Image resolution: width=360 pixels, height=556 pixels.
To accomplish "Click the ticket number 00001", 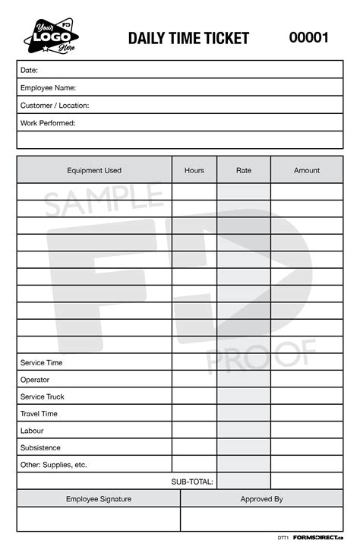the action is pyautogui.click(x=308, y=38).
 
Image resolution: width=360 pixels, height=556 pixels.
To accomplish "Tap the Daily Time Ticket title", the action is pyautogui.click(x=188, y=39).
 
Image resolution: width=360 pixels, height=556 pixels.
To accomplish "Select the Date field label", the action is pyautogui.click(x=30, y=70).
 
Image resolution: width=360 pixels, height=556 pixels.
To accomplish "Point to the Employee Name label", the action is pyautogui.click(x=48, y=87).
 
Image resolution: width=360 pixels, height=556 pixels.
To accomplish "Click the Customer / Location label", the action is pyautogui.click(x=55, y=106).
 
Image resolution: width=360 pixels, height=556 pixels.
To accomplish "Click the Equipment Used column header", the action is pyautogui.click(x=94, y=170).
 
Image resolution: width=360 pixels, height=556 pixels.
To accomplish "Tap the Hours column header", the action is pyautogui.click(x=194, y=170).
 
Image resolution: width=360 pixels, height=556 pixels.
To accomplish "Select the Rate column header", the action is pyautogui.click(x=244, y=170).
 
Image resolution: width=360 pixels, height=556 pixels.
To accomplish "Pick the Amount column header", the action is pyautogui.click(x=307, y=170).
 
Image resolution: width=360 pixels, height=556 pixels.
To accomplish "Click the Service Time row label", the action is pyautogui.click(x=42, y=363).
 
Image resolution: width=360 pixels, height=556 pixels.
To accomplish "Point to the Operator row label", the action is pyautogui.click(x=35, y=380).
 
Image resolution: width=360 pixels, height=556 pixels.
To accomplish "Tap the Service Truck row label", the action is pyautogui.click(x=43, y=396).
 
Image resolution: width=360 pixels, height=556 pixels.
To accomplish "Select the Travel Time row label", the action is pyautogui.click(x=39, y=414).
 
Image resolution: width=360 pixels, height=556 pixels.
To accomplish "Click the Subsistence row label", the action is pyautogui.click(x=40, y=448).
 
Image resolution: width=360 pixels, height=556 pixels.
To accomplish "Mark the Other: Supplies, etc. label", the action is pyautogui.click(x=54, y=465).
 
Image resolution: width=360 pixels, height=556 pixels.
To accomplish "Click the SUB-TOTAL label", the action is pyautogui.click(x=192, y=482).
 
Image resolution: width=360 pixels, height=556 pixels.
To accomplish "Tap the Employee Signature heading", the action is pyautogui.click(x=99, y=499).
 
